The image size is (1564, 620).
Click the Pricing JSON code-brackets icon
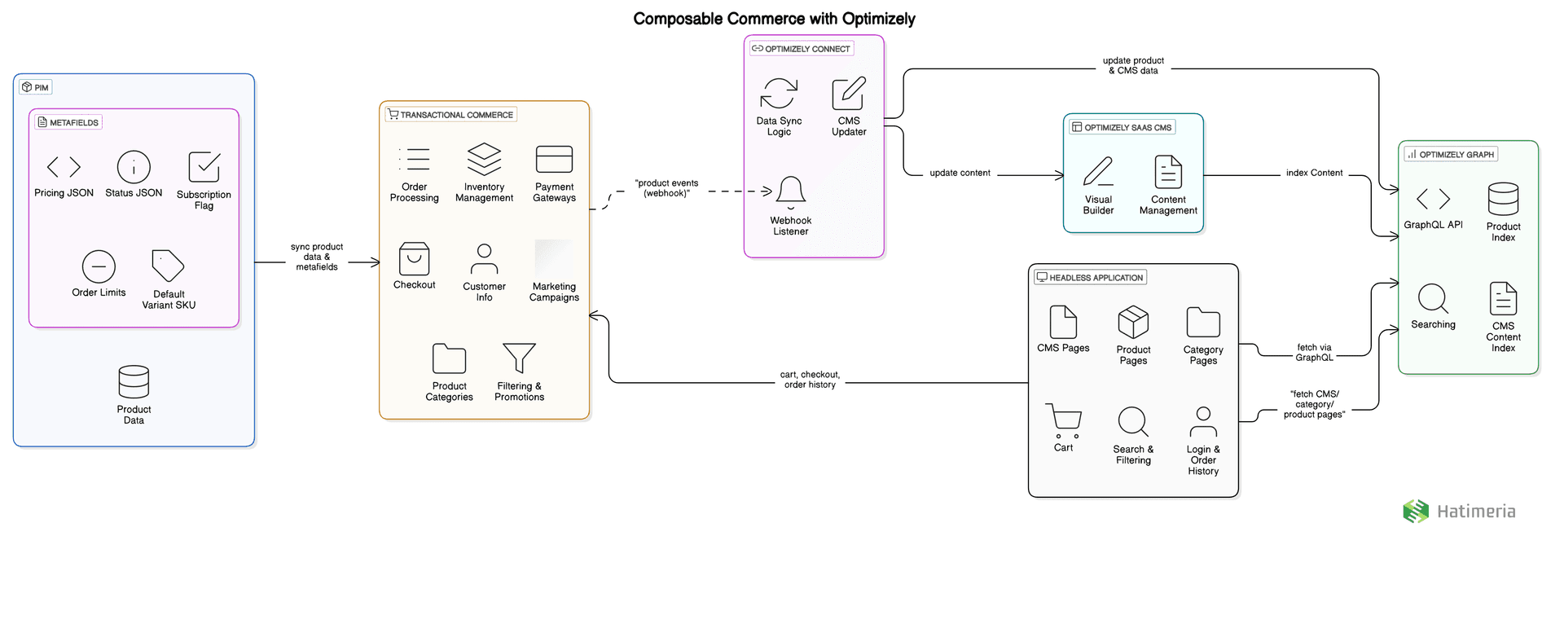coord(64,167)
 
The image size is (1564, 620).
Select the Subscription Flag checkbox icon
coord(204,167)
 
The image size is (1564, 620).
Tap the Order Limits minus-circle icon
coord(99,266)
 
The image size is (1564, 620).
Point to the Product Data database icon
coord(134,382)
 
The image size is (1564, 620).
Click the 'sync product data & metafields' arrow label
coord(317,257)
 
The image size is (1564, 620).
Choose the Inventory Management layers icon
coord(484,159)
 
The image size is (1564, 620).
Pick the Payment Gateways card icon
coord(554,159)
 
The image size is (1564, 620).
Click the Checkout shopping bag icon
coord(414,259)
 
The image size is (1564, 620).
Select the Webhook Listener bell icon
coord(790,192)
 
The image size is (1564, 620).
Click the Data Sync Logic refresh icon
coord(779,94)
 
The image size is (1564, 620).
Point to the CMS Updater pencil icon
coord(849,94)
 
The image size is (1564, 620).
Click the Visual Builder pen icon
coord(1098,172)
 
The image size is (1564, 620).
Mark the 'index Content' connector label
coord(1314,173)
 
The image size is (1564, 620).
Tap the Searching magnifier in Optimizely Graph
coord(1433,299)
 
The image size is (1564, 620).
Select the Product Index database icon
coord(1503,199)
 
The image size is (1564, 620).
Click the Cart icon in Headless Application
coord(1063,420)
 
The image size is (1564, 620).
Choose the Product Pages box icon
coord(1133,322)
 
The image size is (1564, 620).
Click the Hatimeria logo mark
coord(1416,511)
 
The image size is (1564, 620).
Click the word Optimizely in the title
coord(878,19)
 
